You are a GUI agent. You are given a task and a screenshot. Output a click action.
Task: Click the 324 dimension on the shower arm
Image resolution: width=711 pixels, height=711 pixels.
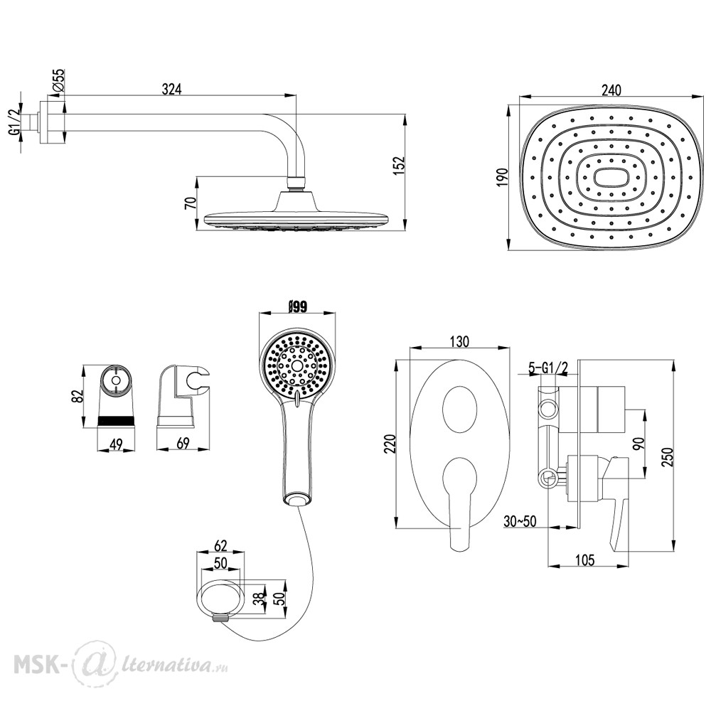click(x=172, y=90)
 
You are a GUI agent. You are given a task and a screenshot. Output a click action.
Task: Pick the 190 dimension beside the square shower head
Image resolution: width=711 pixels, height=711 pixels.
click(x=503, y=177)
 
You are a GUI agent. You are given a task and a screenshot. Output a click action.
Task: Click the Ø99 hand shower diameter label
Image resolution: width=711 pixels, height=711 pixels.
click(x=297, y=306)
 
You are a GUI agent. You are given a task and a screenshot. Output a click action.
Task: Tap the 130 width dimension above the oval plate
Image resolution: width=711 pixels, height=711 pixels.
click(x=459, y=341)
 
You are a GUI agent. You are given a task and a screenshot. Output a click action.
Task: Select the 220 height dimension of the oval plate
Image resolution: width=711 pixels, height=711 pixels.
click(x=390, y=444)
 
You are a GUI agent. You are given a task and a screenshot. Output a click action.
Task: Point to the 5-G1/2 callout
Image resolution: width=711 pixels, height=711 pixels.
click(x=548, y=368)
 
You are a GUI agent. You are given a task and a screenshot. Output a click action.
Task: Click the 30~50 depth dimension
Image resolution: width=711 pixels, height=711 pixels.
click(x=520, y=521)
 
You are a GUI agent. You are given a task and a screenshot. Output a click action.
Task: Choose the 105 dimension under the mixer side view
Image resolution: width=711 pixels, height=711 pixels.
click(x=585, y=560)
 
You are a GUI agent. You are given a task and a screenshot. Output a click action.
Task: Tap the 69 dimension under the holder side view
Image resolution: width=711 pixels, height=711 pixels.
click(x=183, y=443)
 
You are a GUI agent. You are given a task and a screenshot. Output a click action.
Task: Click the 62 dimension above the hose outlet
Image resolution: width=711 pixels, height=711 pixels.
click(x=220, y=545)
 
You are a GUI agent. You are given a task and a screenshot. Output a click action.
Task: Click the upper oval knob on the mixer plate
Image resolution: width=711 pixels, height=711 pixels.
click(x=460, y=409)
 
